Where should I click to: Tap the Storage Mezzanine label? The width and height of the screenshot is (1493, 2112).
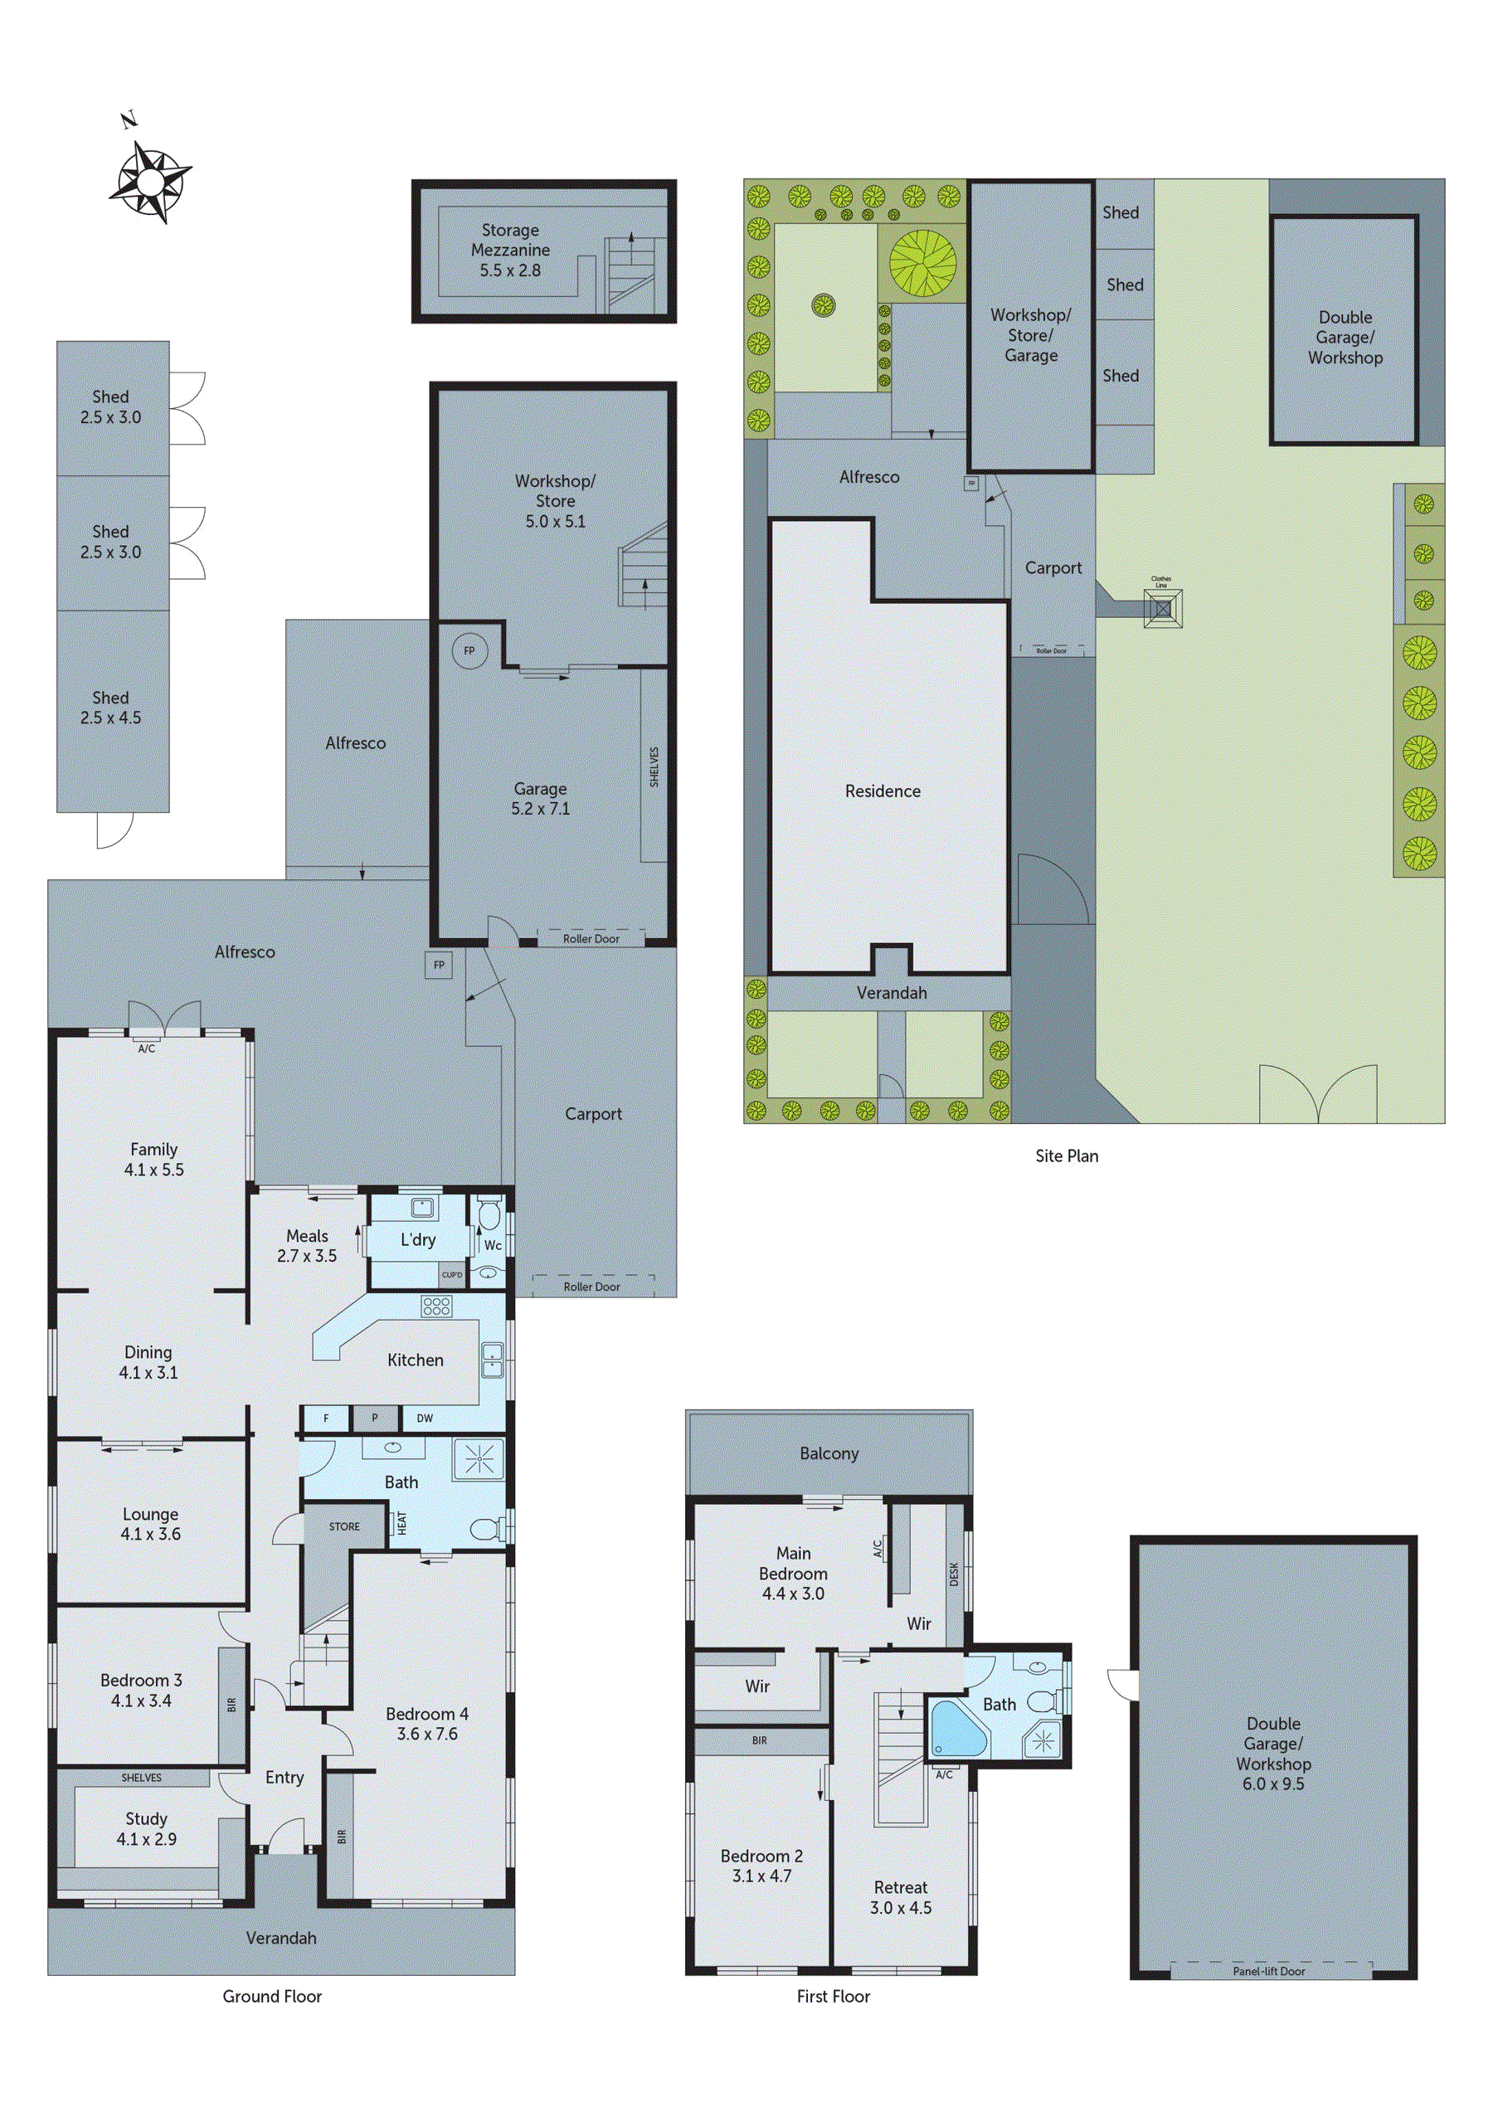[511, 250]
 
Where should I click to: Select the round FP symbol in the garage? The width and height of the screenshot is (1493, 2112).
[469, 650]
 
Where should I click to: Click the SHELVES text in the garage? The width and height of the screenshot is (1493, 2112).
[654, 766]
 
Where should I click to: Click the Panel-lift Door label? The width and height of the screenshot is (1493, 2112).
[1268, 1971]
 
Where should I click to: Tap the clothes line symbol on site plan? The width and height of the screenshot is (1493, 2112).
[1163, 608]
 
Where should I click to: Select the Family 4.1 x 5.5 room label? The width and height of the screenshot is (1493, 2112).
[153, 1159]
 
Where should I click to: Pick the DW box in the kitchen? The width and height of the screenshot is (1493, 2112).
[425, 1419]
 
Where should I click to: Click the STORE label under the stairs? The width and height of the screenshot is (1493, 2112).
[344, 1526]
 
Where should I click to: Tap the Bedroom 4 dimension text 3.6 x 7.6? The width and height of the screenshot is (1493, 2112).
[427, 1734]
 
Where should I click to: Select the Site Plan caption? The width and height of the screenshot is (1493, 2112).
[1066, 1156]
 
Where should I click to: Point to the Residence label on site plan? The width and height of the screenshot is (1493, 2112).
[883, 791]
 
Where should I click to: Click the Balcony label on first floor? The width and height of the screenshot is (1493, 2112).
[829, 1453]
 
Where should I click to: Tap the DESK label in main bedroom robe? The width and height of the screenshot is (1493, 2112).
[954, 1574]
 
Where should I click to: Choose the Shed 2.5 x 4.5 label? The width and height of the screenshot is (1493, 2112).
[110, 708]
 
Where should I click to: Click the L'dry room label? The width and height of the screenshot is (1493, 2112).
[418, 1240]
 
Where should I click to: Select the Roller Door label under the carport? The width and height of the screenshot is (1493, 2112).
[591, 1287]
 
